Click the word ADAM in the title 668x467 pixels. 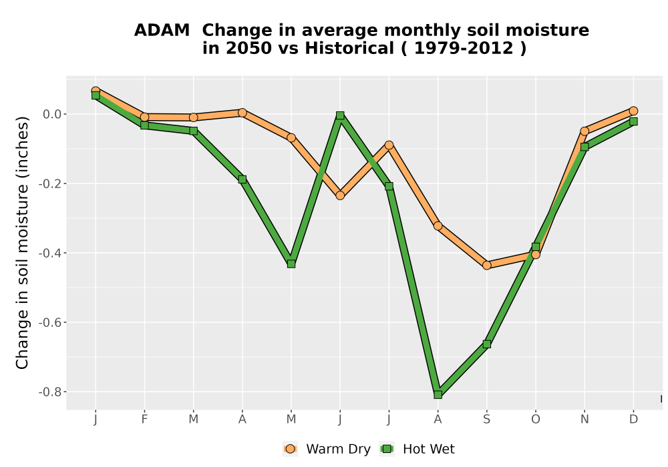162,31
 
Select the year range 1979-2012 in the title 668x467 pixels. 464,48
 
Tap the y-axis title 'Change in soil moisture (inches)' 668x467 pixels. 22,242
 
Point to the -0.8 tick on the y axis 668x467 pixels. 49,392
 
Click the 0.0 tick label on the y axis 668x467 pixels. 52,114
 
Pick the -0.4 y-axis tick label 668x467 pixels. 49,253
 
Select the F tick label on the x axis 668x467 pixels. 144,420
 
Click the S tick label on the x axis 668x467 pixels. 486,420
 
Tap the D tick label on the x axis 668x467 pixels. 633,420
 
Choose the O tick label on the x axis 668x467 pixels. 536,420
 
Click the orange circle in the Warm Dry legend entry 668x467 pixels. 291,449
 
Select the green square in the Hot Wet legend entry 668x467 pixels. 387,449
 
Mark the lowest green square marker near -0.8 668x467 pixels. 438,395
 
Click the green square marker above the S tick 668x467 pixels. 486,344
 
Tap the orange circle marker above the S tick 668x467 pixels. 486,266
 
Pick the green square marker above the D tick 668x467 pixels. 633,121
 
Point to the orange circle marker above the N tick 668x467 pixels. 584,131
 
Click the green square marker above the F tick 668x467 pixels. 144,125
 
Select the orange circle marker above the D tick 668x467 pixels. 633,111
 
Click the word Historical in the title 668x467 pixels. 349,48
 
